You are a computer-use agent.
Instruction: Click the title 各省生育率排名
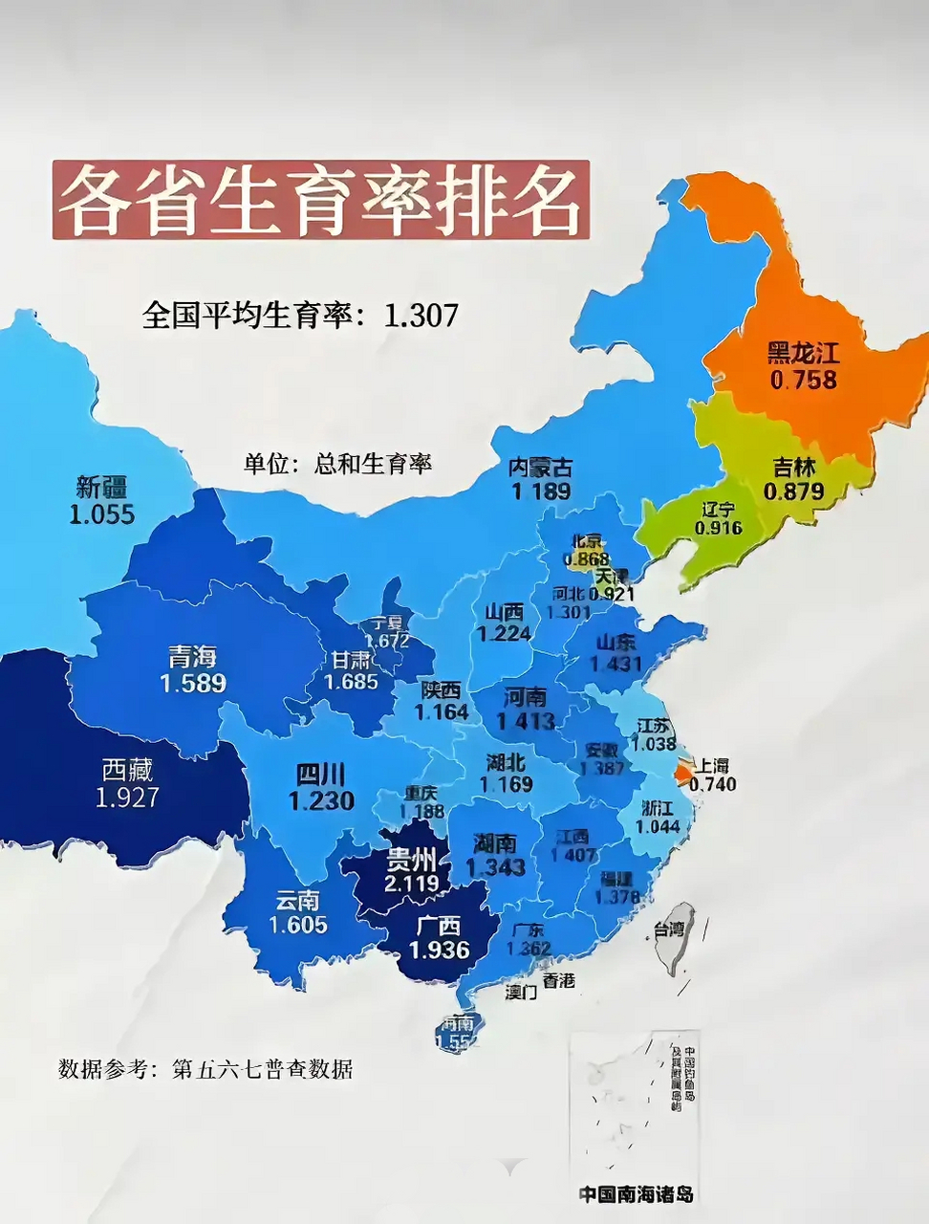(320, 201)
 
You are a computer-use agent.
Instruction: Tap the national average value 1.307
(421, 315)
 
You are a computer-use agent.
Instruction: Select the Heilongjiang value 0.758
(803, 380)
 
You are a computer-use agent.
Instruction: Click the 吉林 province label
(794, 468)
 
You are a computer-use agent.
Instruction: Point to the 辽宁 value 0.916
(719, 528)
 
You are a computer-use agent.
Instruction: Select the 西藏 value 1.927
(127, 797)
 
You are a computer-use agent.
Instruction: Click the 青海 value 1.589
(193, 684)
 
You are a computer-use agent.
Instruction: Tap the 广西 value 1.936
(439, 950)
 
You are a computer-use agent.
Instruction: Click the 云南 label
(297, 900)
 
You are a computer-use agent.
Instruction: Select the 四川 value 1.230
(321, 800)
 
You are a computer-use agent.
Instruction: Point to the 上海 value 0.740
(712, 784)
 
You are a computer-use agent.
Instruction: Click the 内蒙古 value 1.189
(540, 492)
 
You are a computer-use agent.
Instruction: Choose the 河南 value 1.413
(526, 720)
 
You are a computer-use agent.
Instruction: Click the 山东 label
(616, 642)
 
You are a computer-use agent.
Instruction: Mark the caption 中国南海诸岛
(636, 1194)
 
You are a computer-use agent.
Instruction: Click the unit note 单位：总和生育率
(337, 464)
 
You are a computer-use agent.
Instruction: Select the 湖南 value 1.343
(495, 866)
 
